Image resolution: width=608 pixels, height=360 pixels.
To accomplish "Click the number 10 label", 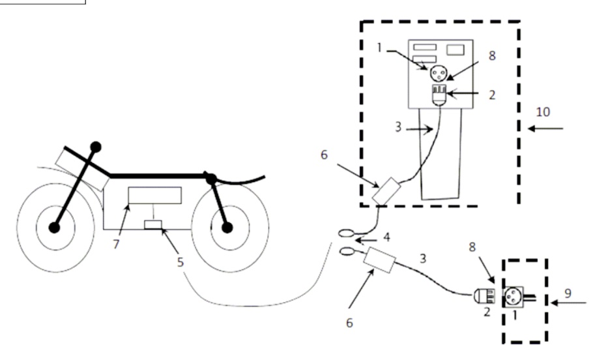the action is [543, 112].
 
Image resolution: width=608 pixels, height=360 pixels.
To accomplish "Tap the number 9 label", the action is [568, 293].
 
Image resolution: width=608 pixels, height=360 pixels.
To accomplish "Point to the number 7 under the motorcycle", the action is [116, 245].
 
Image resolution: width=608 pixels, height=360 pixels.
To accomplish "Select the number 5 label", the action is [181, 262].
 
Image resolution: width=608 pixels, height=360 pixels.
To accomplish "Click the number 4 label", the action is [386, 237].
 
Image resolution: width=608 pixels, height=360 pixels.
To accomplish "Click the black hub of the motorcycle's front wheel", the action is [54, 228].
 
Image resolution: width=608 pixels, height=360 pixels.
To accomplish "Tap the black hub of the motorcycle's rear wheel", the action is [227, 228].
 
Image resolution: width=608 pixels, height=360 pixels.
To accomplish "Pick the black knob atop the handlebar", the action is [96, 147].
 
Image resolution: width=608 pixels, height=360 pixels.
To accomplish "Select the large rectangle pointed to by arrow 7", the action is [154, 195].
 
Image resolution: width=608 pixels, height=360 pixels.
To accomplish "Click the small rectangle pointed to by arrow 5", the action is [153, 224].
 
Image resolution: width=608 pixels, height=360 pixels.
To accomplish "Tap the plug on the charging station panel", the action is [439, 95].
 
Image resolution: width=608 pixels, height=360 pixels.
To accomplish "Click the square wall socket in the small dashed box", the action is [513, 297].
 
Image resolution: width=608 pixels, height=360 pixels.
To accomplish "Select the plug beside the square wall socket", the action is [484, 297].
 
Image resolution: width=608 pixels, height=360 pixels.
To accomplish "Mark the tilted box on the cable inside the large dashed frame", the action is [386, 191].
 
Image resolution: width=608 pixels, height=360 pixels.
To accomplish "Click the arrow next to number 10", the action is [545, 128].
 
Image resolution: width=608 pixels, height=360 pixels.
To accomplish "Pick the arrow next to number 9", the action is [568, 302].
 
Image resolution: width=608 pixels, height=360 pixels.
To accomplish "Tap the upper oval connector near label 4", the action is [346, 233].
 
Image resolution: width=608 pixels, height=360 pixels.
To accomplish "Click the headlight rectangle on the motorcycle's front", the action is [82, 170].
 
